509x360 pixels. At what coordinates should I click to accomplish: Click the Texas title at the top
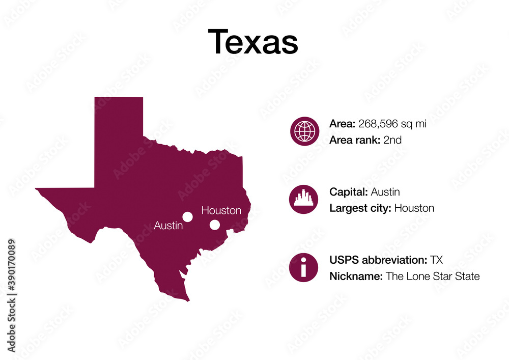[x=253, y=41]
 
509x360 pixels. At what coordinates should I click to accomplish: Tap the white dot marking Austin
[x=188, y=217]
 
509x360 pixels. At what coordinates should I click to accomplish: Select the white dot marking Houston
[x=215, y=225]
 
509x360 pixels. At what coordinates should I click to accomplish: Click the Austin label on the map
[x=168, y=225]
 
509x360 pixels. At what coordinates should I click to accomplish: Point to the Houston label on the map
[x=221, y=210]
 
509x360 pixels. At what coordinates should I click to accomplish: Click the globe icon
[x=304, y=131]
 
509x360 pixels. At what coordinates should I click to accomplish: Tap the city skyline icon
[x=304, y=199]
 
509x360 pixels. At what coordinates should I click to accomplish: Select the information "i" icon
[x=304, y=267]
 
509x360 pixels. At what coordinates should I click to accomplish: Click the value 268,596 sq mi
[x=392, y=123]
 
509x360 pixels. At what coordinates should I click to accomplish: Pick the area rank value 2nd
[x=392, y=140]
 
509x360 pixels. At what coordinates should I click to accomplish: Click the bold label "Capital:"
[x=349, y=192]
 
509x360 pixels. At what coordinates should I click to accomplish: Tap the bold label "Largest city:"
[x=360, y=208]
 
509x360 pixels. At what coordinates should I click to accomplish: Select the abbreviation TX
[x=436, y=260]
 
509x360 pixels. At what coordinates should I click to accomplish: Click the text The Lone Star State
[x=433, y=276]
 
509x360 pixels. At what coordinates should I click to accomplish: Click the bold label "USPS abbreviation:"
[x=378, y=260]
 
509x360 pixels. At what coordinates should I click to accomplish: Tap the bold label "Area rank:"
[x=354, y=140]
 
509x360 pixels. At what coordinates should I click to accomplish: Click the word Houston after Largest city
[x=414, y=208]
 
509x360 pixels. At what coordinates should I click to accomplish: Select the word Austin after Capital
[x=385, y=192]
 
